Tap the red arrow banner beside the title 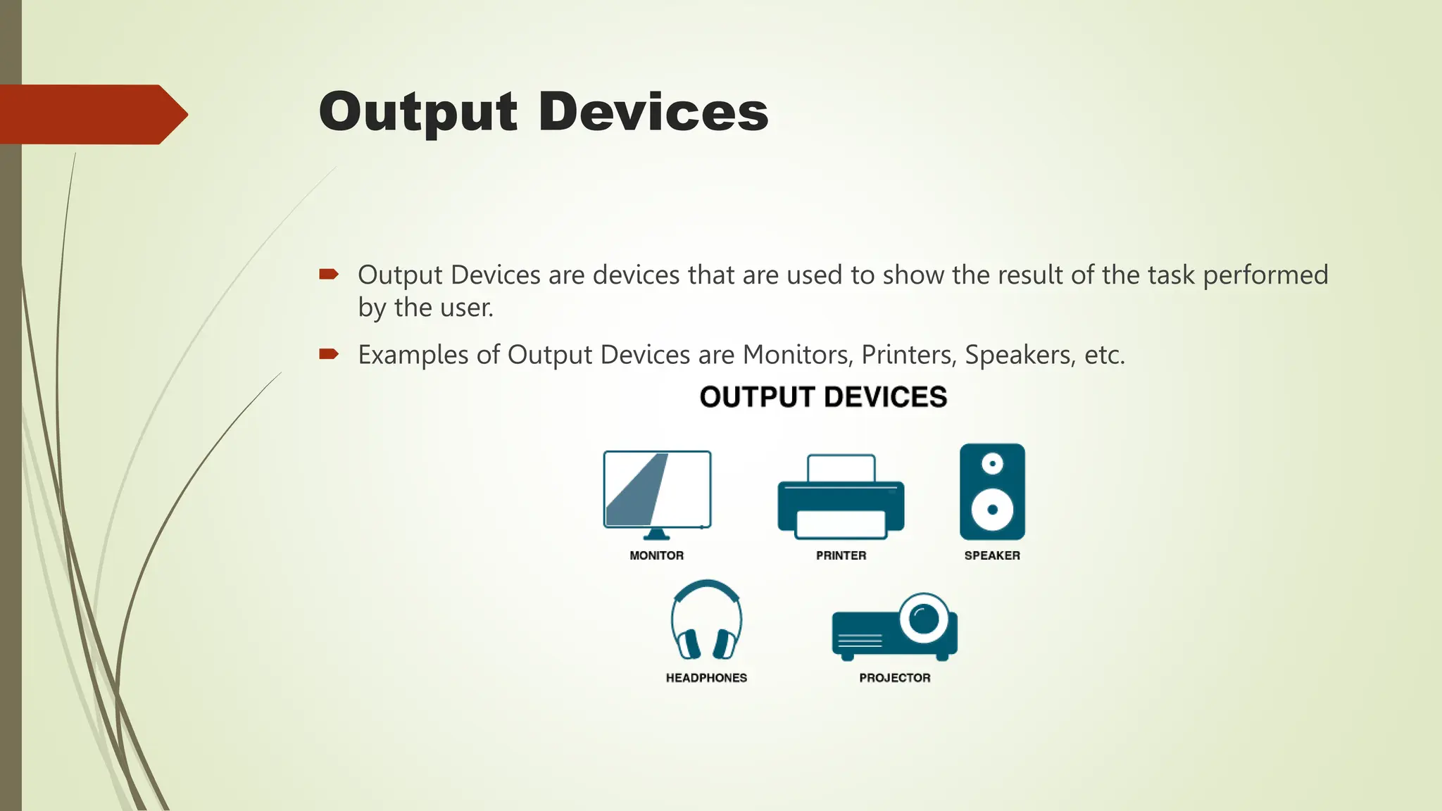tap(92, 114)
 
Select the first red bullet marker tap(329, 274)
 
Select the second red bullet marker tap(329, 353)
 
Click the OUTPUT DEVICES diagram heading tap(823, 397)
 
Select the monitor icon tap(657, 493)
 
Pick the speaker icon tap(992, 491)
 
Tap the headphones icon tap(706, 620)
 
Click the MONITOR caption tap(656, 555)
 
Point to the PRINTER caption tap(841, 555)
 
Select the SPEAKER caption tap(992, 555)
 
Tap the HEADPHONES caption tap(706, 678)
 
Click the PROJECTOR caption tap(894, 678)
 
